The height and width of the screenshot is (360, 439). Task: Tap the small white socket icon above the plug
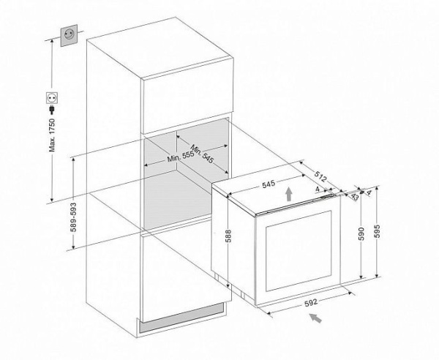point(53,95)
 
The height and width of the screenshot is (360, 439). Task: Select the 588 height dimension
point(227,235)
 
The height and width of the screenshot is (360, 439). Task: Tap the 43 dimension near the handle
point(354,197)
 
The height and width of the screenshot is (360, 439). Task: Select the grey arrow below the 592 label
point(316,318)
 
